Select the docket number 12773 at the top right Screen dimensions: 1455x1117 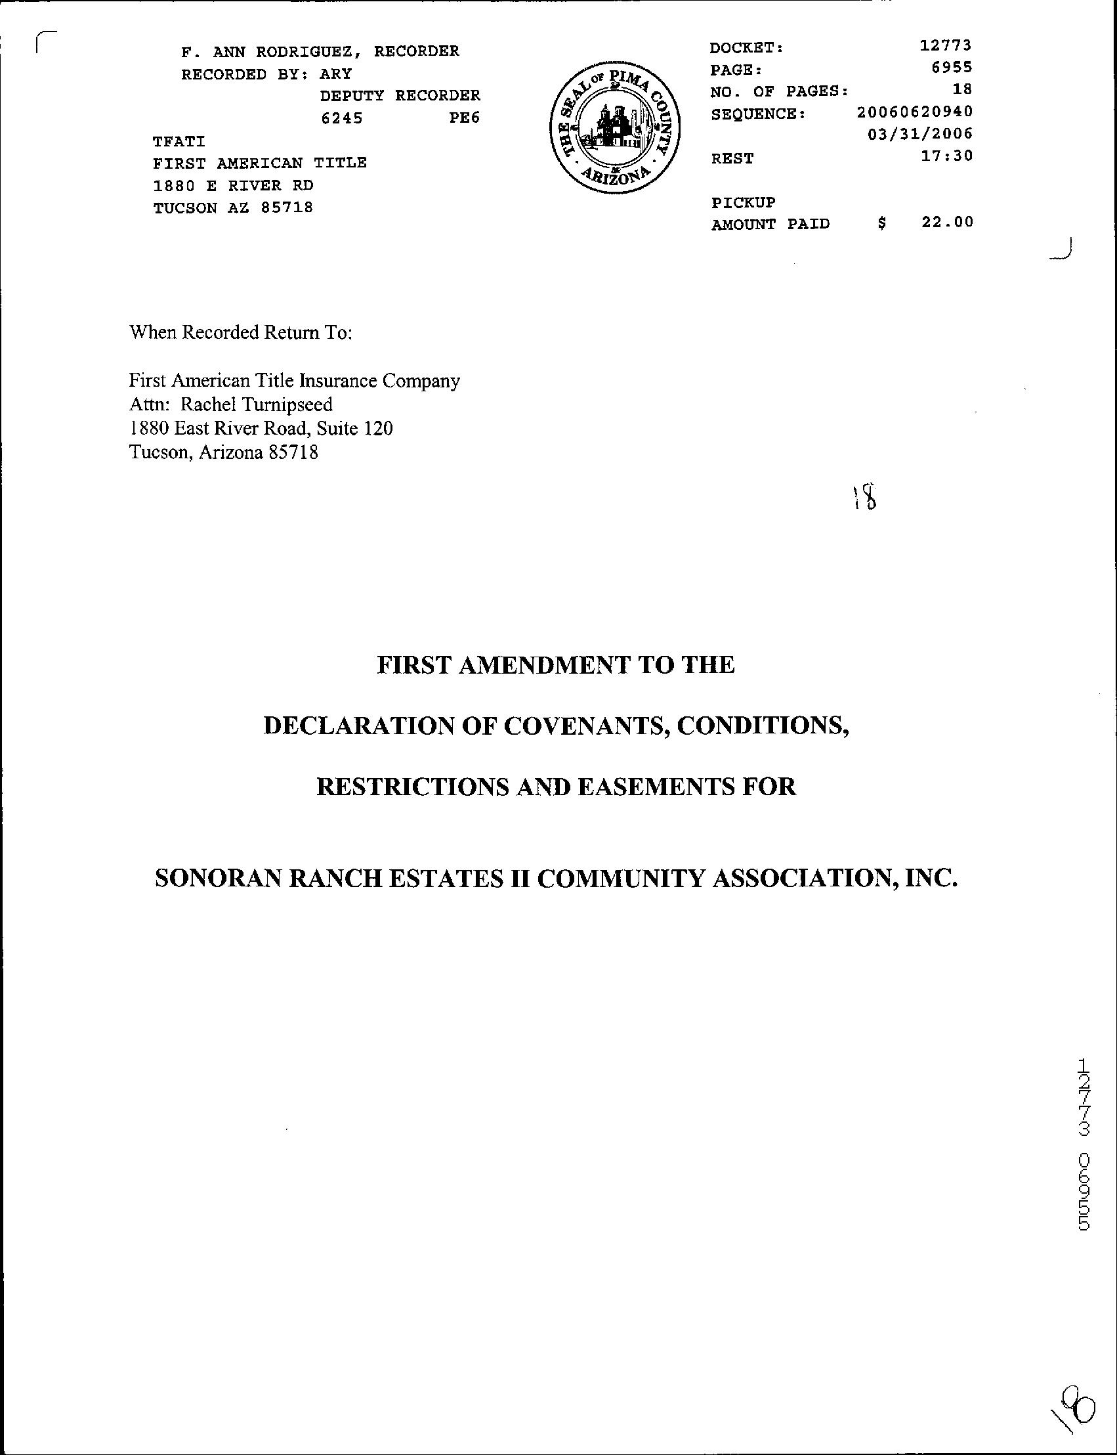[946, 45]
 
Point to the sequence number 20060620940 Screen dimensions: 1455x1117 [914, 111]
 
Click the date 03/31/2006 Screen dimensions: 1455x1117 [920, 133]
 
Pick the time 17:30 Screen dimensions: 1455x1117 [947, 156]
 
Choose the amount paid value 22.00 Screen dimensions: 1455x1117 [947, 222]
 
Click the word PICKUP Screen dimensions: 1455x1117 [744, 202]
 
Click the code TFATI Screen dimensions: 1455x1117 [179, 141]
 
